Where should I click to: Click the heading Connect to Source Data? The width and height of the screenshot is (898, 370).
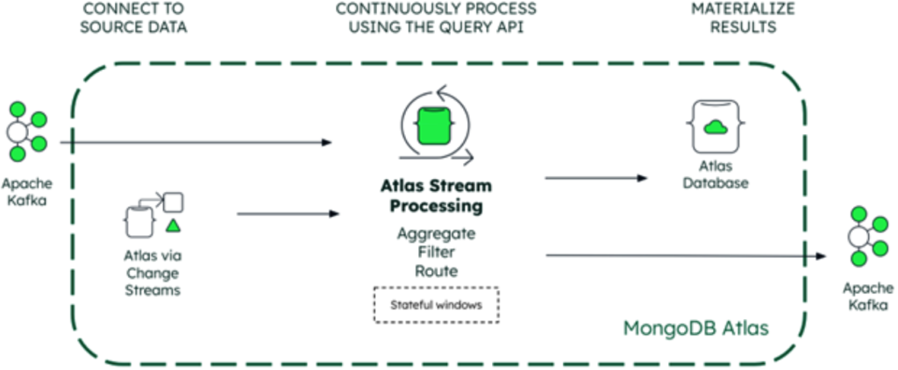134,18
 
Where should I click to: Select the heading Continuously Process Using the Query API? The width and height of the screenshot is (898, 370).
437,18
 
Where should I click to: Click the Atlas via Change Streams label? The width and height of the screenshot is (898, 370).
153,273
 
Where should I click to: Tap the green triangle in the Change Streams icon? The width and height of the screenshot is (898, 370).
174,226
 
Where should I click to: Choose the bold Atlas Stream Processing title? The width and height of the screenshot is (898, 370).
437,196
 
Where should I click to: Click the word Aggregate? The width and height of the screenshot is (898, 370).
437,234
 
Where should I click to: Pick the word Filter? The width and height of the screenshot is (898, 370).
437,253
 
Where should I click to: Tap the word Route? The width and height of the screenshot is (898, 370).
437,271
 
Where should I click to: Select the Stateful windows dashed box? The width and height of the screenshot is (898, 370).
437,304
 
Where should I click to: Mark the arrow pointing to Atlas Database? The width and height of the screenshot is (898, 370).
596,178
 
